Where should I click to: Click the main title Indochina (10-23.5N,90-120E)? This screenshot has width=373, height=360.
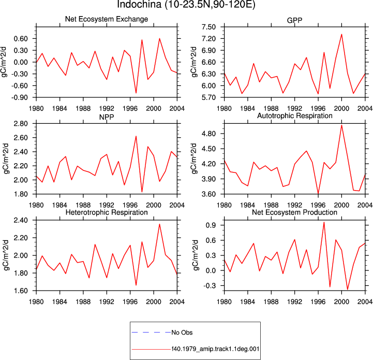point(186,4)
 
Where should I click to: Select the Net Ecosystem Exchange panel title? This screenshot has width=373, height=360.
point(107,19)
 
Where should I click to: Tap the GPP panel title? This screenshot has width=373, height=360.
point(294,20)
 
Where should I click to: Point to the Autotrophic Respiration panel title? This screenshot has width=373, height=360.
point(295,116)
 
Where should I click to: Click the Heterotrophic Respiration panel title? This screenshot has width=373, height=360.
point(107,212)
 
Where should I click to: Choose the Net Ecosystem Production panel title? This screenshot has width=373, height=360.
point(294,212)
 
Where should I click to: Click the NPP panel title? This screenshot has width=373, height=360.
point(107,117)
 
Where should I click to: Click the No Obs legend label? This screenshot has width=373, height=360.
point(182,333)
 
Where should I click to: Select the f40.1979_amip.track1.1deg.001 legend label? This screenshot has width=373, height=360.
point(215,349)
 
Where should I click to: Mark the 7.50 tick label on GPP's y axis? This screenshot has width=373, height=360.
point(208,27)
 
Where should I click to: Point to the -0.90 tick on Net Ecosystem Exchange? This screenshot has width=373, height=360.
point(19,97)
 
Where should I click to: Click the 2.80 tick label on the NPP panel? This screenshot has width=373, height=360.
point(21,124)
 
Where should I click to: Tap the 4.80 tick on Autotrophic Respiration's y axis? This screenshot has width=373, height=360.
point(208,134)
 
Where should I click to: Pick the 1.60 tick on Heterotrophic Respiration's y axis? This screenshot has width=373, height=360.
point(21,291)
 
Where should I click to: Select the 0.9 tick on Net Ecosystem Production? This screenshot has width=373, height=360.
point(211,225)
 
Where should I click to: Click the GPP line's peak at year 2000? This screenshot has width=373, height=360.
point(341,34)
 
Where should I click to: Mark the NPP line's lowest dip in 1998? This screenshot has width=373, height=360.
point(142,192)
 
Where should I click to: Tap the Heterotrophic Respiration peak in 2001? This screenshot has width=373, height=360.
point(160,224)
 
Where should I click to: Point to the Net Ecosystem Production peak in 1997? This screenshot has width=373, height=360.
point(324,222)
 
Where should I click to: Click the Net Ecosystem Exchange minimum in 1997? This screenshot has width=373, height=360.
point(136,93)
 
